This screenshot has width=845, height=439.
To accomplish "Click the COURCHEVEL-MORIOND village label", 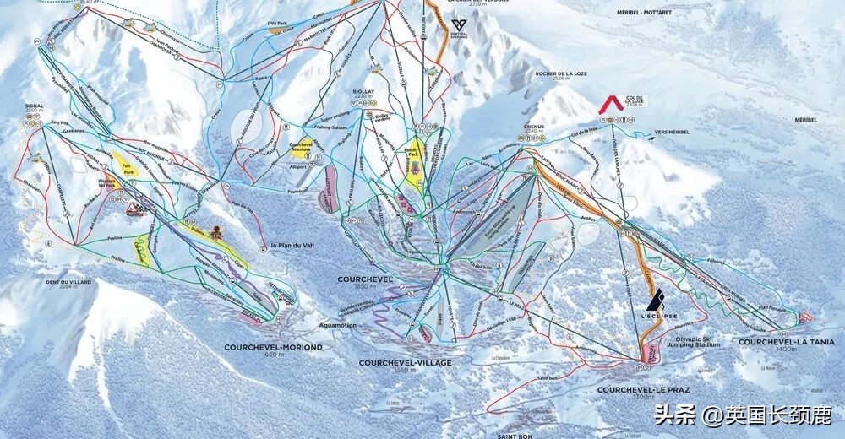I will coord(273,346).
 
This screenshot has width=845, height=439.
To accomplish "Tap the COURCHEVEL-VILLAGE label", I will coord(405,362).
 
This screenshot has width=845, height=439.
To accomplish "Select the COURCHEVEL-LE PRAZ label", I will coord(643,390).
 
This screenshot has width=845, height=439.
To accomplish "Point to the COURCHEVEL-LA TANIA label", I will coord(786,342).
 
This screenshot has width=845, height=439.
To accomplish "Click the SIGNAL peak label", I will coord(34,107).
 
